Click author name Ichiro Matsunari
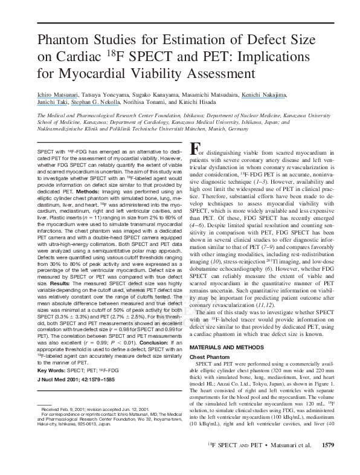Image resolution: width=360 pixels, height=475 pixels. click(x=50, y=94)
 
